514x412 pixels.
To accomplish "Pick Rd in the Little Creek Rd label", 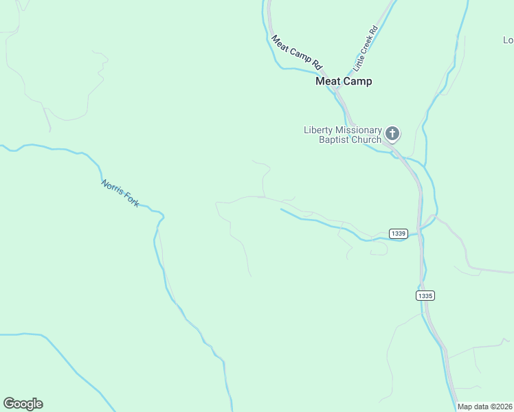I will (374, 31).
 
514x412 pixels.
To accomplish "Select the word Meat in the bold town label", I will (327, 81).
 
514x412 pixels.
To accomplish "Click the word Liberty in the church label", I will (319, 130).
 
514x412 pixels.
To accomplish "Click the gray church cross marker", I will (392, 133).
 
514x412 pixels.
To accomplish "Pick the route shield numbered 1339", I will (399, 233).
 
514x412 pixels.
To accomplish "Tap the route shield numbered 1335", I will (425, 295).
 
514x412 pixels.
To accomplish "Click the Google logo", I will (23, 404).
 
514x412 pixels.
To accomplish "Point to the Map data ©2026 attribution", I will (485, 407).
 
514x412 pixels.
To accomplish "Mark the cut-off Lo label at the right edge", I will (508, 40).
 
